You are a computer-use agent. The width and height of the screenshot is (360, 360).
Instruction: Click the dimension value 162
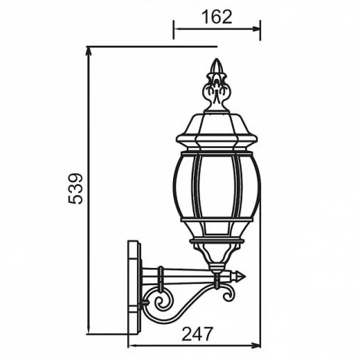coord(218,17)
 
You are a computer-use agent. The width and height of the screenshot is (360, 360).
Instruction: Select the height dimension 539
coord(75,188)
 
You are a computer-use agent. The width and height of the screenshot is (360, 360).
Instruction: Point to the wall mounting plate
coord(135,286)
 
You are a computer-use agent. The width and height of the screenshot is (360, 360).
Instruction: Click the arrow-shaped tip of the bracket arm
coord(240,273)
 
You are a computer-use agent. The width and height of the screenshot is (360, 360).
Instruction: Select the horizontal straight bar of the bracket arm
coord(191,273)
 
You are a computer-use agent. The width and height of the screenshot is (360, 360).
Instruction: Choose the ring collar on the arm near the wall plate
coord(161,273)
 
